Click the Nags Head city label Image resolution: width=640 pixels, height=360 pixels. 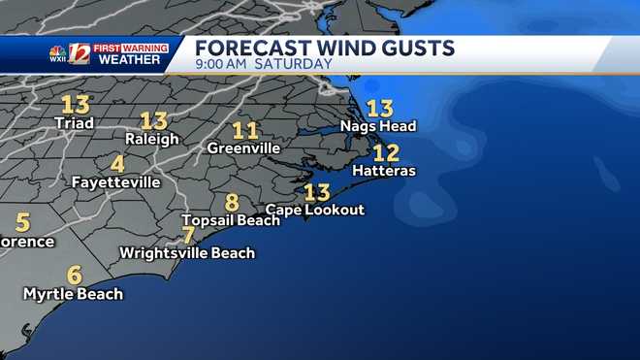click(377, 126)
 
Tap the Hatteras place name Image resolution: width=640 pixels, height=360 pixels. click(384, 171)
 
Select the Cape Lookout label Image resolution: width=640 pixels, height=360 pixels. click(315, 210)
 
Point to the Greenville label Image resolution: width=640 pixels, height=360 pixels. click(243, 148)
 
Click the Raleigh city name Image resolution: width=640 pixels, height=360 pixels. click(152, 139)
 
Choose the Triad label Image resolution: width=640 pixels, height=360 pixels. click(74, 123)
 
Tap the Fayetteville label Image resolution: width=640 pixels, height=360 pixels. click(115, 181)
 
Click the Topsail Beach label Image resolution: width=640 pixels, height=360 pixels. click(231, 220)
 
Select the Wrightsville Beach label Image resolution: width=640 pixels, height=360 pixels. click(187, 253)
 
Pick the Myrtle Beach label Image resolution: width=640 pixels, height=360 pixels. click(73, 293)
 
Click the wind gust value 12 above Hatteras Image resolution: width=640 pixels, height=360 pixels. click(386, 152)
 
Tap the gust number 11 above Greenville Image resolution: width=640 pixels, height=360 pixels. click(245, 130)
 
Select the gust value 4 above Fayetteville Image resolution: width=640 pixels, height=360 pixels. click(117, 164)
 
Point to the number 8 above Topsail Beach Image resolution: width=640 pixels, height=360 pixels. click(232, 203)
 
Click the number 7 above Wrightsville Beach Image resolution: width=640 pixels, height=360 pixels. click(188, 235)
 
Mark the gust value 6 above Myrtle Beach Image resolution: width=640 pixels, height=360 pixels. click(74, 275)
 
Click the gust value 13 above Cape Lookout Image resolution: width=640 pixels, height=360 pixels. click(317, 191)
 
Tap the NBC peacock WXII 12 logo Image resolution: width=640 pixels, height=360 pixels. click(69, 54)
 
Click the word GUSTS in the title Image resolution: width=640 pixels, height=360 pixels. click(418, 48)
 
